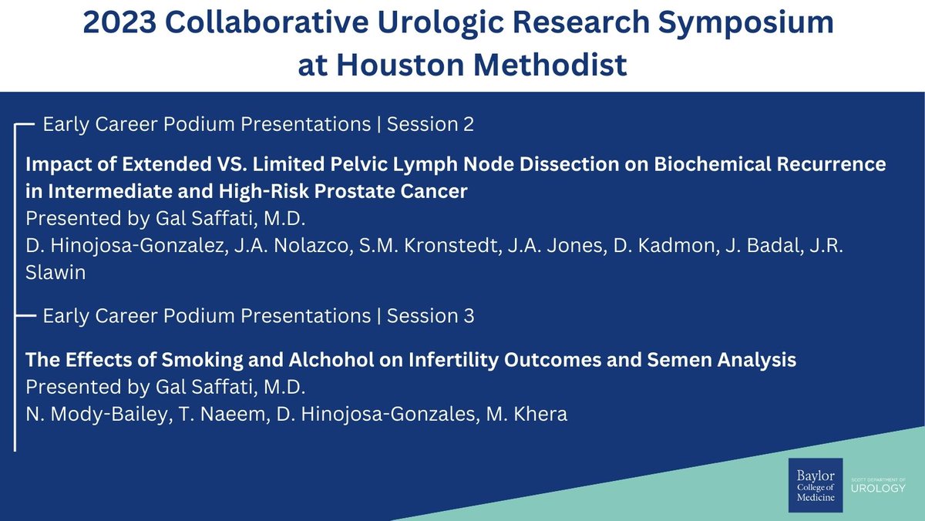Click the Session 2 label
430,124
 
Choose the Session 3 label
430,316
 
